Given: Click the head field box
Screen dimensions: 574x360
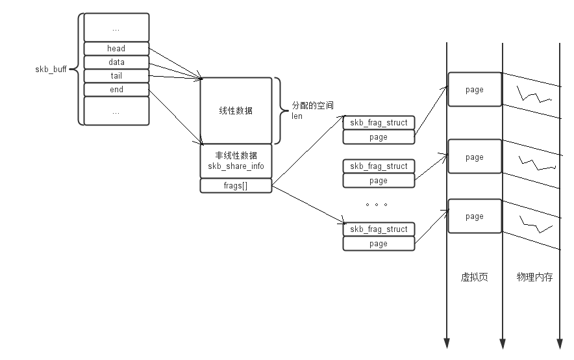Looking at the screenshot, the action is [x=116, y=48].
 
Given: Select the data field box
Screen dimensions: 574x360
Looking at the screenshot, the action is [x=116, y=62].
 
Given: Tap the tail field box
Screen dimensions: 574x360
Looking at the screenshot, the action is [x=116, y=76].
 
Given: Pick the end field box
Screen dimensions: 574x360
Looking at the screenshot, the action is [x=116, y=90].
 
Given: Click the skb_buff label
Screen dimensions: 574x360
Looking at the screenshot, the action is [x=51, y=70].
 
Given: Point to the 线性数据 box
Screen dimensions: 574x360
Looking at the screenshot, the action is [x=236, y=110].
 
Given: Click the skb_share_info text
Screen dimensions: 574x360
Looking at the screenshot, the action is [x=236, y=166].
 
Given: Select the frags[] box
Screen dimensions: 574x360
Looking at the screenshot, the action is [x=236, y=186].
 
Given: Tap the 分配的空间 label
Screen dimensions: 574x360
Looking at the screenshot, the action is [x=312, y=105].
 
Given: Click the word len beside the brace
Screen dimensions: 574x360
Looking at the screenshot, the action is [x=297, y=116].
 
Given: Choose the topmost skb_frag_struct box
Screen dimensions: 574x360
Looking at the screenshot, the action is [x=379, y=123].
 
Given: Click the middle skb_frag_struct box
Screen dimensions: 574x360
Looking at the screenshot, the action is [x=379, y=166].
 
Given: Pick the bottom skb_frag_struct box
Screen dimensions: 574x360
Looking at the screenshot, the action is [x=379, y=229].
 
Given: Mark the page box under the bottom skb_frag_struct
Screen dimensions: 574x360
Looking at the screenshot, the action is [x=379, y=244].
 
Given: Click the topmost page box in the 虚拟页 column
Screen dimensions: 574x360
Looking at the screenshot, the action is [x=475, y=90].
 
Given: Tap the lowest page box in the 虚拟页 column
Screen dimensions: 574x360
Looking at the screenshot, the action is [x=475, y=216].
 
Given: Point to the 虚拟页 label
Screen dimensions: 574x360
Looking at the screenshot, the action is [x=475, y=277].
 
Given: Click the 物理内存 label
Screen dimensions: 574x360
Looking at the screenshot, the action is [x=534, y=277].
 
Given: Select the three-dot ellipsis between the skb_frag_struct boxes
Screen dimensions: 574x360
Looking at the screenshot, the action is [x=377, y=205].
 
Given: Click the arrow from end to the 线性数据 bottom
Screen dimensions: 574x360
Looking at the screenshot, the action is [x=176, y=117].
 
